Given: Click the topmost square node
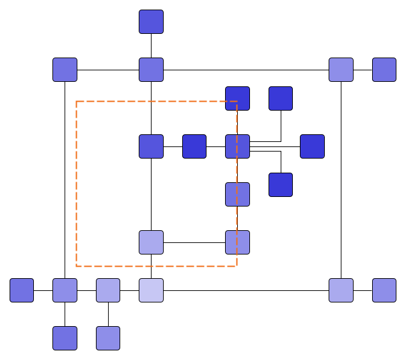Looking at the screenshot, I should point(151,22).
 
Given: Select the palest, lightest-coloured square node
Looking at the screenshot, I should point(151,290).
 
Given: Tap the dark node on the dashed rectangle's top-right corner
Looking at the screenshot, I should point(237,98).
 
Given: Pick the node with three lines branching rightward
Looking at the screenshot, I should point(237,146).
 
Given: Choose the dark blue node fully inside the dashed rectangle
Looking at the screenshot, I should point(194,146).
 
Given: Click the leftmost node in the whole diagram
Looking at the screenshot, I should point(22,290).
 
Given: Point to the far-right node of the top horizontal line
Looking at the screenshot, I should point(384,70).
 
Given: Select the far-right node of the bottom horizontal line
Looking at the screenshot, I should point(384,290).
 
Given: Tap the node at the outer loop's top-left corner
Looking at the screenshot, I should point(65,70).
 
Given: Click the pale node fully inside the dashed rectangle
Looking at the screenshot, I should point(151,242).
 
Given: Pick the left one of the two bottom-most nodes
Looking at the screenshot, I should point(65,338).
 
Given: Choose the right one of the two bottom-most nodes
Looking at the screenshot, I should point(108,338).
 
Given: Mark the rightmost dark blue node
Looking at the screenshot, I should point(312,146).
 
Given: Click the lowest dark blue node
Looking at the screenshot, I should point(281,185).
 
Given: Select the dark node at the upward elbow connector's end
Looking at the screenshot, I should point(281,98).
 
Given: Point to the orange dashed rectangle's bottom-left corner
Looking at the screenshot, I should point(77,265).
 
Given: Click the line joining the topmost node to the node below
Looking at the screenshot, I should point(151,46).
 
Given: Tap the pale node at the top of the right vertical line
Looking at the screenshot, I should point(341,70).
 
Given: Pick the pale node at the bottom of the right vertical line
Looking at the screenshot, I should point(341,290).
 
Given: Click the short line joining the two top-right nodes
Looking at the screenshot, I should point(363,70).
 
